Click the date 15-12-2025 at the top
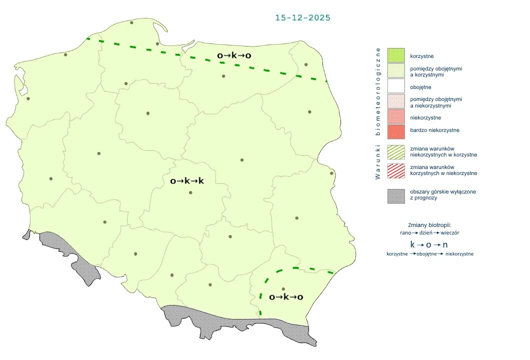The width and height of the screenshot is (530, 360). tap(302, 17)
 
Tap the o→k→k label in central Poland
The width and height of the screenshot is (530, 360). tap(187, 181)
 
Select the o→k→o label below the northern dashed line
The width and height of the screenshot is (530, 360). tap(234, 55)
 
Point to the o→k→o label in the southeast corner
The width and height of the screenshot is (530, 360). tap(286, 297)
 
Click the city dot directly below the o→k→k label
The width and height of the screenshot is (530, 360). tap(190, 192)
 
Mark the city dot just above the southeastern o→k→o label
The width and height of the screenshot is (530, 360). tap(283, 288)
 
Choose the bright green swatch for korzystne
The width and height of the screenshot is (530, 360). tap(395, 56)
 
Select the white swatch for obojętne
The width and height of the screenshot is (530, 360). tap(395, 87)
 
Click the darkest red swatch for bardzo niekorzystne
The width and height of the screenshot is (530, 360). tap(395, 131)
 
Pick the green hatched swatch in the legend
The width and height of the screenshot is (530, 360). tap(395, 152)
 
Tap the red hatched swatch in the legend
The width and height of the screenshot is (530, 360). tap(395, 170)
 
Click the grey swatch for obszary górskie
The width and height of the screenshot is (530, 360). tap(395, 195)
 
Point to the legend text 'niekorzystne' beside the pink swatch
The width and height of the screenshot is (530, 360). tap(425, 118)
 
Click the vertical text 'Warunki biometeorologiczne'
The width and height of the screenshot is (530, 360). tap(378, 113)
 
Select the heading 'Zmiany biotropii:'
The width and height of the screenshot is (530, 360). tap(429, 224)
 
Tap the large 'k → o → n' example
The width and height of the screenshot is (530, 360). tap(429, 244)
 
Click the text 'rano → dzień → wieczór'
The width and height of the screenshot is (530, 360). tap(430, 233)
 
